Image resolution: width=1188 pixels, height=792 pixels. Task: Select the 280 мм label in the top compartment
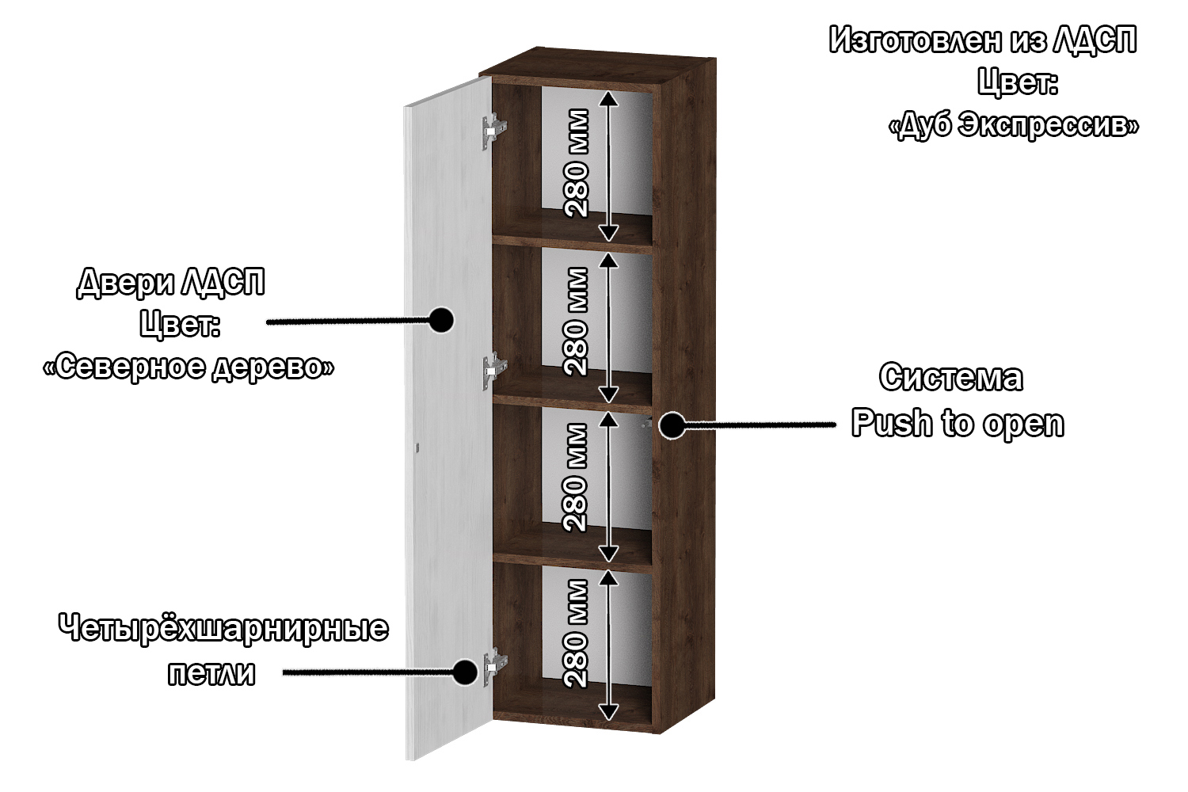pyautogui.click(x=577, y=163)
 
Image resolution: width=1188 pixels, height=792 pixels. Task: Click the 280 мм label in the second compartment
pyautogui.click(x=577, y=321)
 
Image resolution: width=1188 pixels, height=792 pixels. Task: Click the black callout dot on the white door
pyautogui.click(x=440, y=320)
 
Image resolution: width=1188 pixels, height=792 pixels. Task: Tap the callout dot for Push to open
pyautogui.click(x=672, y=425)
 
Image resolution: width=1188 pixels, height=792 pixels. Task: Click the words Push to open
pyautogui.click(x=958, y=423)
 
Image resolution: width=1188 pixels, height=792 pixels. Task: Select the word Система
pyautogui.click(x=950, y=378)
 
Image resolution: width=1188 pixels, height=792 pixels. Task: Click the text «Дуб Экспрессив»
pyautogui.click(x=1015, y=126)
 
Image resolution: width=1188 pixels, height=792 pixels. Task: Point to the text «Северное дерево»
pyautogui.click(x=188, y=367)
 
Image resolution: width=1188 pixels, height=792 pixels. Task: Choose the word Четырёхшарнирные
pyautogui.click(x=223, y=629)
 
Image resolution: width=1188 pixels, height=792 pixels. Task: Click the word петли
pyautogui.click(x=211, y=673)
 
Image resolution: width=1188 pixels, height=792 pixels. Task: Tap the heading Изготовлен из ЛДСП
pyautogui.click(x=983, y=40)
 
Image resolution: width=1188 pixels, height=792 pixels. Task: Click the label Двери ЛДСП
pyautogui.click(x=171, y=282)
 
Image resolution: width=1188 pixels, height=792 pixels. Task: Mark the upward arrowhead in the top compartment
pyautogui.click(x=607, y=98)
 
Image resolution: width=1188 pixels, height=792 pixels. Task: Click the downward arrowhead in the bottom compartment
pyautogui.click(x=607, y=711)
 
